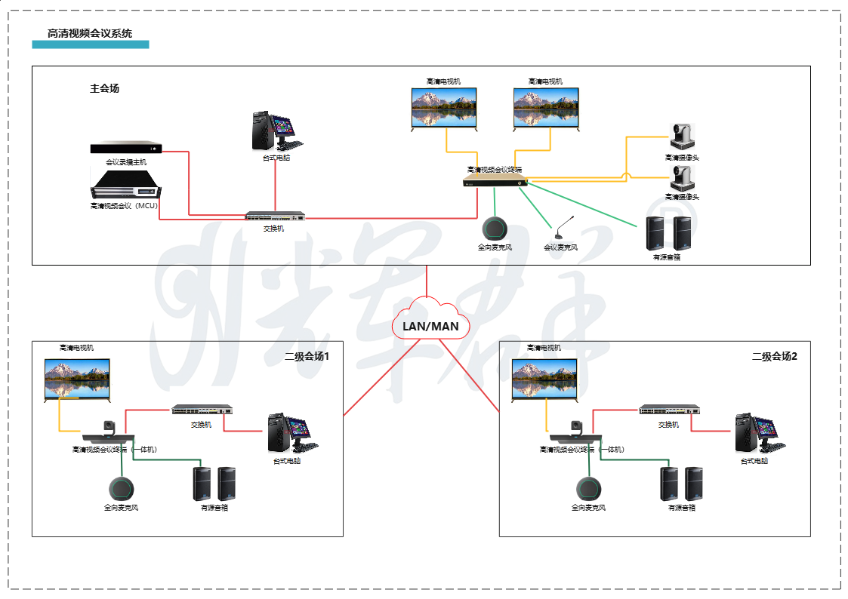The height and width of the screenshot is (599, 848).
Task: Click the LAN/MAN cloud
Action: pyautogui.click(x=430, y=324)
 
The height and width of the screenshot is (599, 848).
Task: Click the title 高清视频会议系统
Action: pyautogui.click(x=89, y=33)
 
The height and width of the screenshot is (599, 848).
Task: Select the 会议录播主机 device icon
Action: pyautogui.click(x=126, y=148)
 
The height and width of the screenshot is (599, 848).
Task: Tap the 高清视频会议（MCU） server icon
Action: pyautogui.click(x=125, y=186)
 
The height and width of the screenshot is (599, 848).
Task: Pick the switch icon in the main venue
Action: pyautogui.click(x=276, y=217)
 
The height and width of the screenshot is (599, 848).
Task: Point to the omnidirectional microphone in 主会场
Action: pyautogui.click(x=495, y=229)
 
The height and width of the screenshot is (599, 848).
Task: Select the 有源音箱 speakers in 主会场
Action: pyautogui.click(x=668, y=233)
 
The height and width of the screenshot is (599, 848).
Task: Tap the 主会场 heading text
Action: pyautogui.click(x=104, y=88)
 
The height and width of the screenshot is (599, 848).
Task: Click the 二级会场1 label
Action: pyautogui.click(x=307, y=356)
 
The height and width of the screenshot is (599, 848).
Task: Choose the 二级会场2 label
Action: pyautogui.click(x=774, y=356)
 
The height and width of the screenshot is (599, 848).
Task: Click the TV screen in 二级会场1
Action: pyautogui.click(x=77, y=378)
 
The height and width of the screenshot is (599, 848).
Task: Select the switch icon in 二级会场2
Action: pyautogui.click(x=669, y=410)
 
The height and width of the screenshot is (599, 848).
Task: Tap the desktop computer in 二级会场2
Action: pyautogui.click(x=758, y=434)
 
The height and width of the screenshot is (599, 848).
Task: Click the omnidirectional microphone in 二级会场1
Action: pyautogui.click(x=121, y=489)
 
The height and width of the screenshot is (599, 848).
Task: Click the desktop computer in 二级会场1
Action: pyautogui.click(x=291, y=434)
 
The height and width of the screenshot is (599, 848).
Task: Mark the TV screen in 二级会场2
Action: pyautogui.click(x=544, y=378)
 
